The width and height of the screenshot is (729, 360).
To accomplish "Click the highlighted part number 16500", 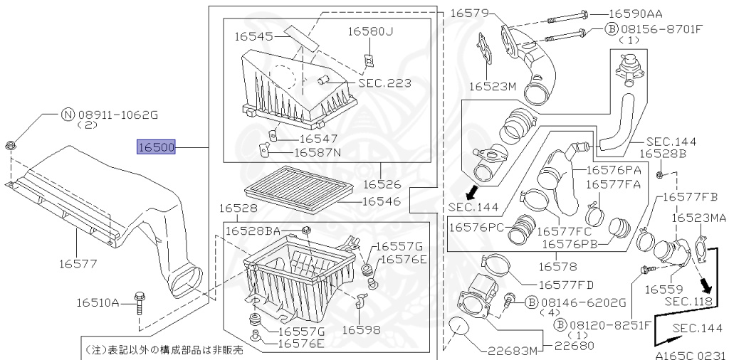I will pos(156,147).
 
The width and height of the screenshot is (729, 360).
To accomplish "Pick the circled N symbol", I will pos(68,113).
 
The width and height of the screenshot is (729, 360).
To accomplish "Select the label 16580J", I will pos(370,31).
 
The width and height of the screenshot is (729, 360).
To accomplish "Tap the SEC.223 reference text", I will pos(384,83).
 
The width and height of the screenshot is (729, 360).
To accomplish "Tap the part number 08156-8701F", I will pos(663,30).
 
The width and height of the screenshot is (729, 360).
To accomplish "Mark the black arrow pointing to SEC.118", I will pos(706,285).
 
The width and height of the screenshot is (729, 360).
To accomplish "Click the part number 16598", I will pos(361,330).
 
